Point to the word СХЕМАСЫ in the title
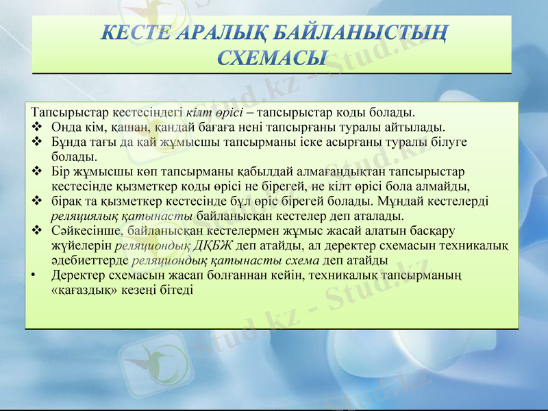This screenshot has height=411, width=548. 272,57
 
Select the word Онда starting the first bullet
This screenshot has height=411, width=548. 64,127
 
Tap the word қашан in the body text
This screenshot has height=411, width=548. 120,127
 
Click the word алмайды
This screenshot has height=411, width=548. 448,186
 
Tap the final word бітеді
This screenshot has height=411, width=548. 177,290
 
